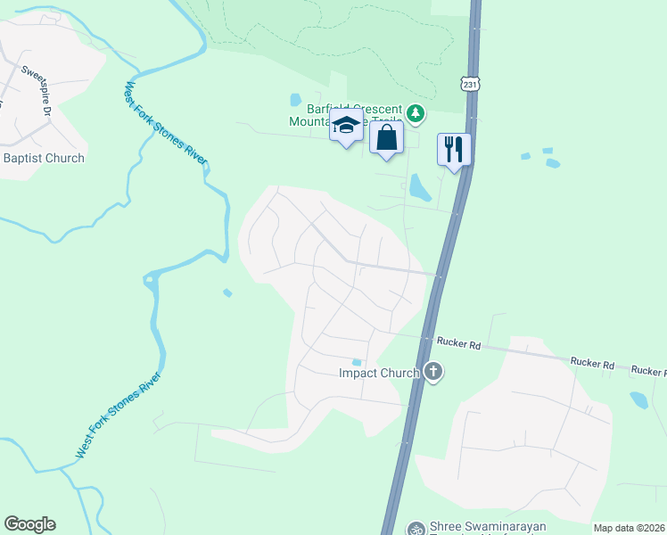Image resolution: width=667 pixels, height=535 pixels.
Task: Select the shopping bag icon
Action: click(x=386, y=138)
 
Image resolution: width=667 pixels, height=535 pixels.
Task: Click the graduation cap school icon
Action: click(x=346, y=128)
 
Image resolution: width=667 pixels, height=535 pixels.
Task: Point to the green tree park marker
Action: click(x=415, y=113)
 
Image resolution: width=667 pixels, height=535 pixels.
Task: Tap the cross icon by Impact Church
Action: click(x=433, y=371)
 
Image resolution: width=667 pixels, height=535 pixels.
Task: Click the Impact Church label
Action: click(x=378, y=373)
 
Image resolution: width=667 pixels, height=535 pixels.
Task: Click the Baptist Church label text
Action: click(x=45, y=158)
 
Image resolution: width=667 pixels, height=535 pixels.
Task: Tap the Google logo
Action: click(x=29, y=524)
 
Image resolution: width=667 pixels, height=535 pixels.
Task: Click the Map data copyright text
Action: click(x=630, y=528)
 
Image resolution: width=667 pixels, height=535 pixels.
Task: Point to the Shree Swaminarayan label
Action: click(x=488, y=527)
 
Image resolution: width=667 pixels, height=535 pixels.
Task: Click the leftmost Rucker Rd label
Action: click(x=458, y=342)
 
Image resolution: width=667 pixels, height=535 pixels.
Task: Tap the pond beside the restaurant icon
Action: click(x=417, y=186)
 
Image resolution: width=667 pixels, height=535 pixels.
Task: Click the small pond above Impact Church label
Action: click(x=357, y=361)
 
